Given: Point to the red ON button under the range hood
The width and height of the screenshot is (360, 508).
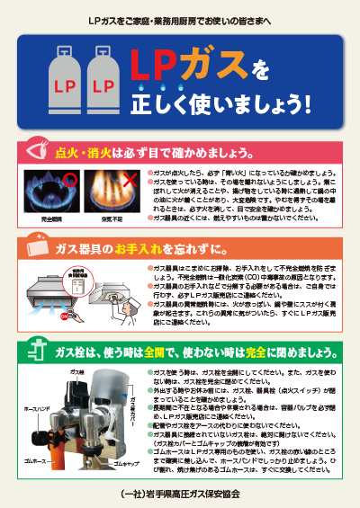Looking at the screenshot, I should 64,317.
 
